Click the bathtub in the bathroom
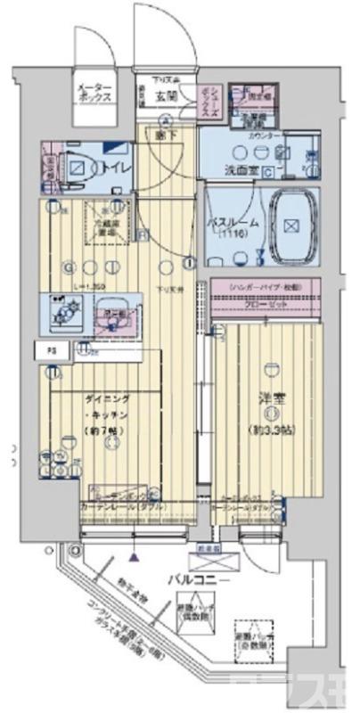290,225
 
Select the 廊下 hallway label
166,134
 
